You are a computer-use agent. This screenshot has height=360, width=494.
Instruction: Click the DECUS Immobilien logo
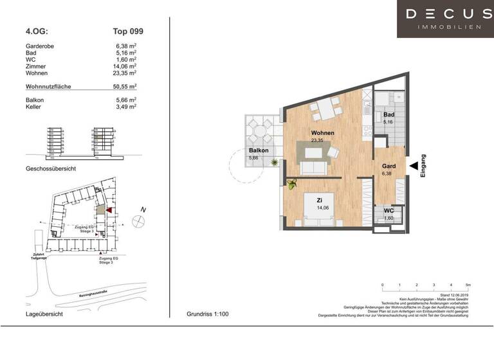point(444,19)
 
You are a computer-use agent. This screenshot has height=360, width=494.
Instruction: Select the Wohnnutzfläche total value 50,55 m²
point(125,85)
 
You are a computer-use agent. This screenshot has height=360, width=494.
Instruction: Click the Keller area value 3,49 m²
point(125,107)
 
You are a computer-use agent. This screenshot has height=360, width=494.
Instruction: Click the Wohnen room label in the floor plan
point(322,133)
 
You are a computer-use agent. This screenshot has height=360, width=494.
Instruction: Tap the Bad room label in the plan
point(388,114)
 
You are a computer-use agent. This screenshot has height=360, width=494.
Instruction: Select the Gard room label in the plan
point(388,166)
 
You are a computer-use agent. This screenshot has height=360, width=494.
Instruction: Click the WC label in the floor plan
point(388,212)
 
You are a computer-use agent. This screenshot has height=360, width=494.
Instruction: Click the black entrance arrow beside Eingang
point(412,165)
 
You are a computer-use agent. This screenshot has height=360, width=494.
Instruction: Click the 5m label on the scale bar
point(468,284)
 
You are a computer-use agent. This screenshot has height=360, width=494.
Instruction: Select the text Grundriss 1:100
point(207,314)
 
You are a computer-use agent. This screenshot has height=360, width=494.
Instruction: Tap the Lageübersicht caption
point(44,314)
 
